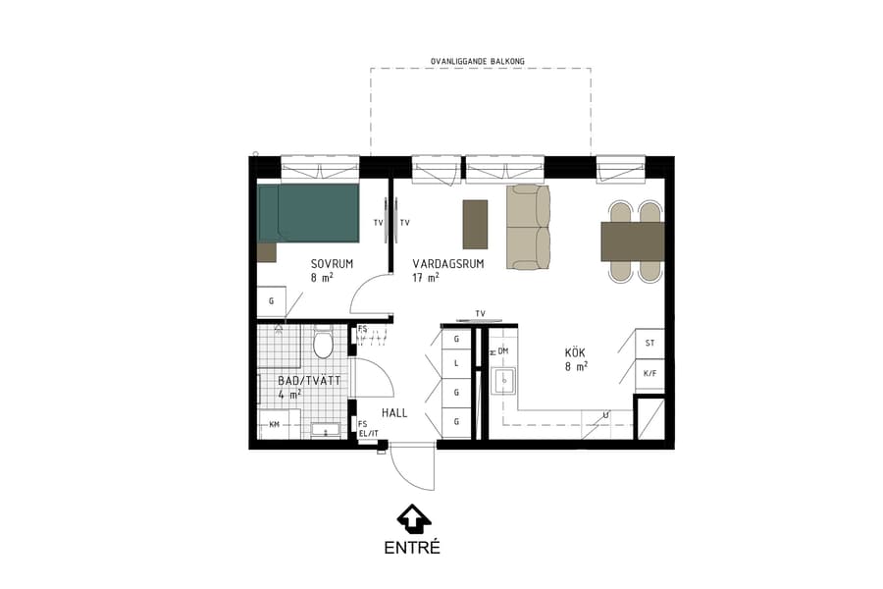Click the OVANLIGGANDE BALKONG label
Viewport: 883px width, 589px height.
478,61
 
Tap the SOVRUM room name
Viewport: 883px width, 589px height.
332,264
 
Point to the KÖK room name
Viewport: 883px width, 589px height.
576,352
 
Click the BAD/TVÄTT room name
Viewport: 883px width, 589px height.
309,380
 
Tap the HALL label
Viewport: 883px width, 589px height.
394,412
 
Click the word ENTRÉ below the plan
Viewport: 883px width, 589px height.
412,548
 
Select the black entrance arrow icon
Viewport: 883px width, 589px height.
412,517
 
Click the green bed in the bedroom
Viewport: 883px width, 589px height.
309,212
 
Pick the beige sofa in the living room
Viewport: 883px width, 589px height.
528,226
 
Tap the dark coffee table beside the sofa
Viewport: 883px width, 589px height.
475,224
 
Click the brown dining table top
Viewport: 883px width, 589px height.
633,241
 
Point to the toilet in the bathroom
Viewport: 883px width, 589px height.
323,344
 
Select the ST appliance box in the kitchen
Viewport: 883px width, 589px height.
649,343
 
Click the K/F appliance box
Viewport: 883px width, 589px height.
649,374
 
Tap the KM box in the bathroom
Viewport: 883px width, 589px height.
274,424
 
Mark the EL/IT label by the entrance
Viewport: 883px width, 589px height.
368,433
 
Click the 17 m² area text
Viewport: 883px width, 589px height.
426,278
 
